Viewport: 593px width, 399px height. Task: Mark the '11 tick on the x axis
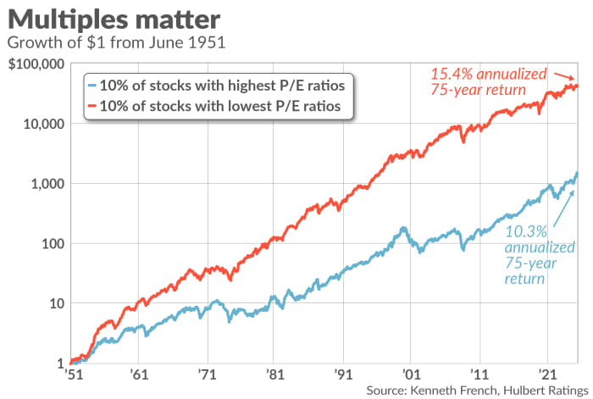click(x=479, y=374)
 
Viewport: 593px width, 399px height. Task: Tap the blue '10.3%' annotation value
click(x=524, y=231)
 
